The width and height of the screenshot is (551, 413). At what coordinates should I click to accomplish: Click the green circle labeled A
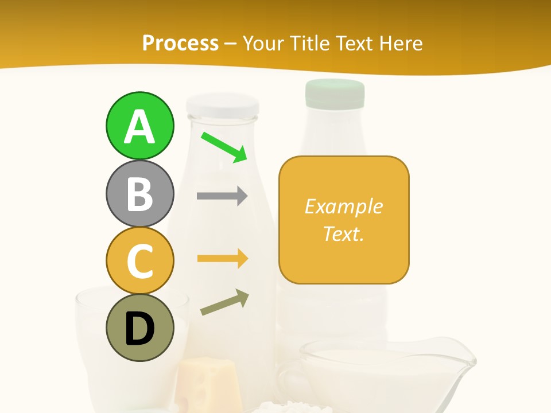140,126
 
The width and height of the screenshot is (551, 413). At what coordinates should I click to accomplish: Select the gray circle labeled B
140,193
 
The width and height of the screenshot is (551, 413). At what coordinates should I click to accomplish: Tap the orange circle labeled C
140,260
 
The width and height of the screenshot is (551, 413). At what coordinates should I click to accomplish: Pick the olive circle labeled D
140,328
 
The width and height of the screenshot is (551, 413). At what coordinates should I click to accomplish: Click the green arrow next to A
224,147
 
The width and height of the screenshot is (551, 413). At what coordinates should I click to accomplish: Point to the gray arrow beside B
222,196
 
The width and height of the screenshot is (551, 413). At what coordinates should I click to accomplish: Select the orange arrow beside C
222,259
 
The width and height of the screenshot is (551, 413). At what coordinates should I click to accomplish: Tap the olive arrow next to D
224,302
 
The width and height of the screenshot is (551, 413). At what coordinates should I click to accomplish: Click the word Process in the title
180,43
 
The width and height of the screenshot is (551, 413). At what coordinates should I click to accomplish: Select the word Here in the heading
399,43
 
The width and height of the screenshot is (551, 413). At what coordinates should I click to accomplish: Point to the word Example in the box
343,206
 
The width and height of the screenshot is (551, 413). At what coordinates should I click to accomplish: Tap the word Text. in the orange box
343,233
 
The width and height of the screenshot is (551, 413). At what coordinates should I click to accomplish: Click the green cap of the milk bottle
335,93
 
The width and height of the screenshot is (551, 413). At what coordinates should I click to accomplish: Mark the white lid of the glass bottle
222,106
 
